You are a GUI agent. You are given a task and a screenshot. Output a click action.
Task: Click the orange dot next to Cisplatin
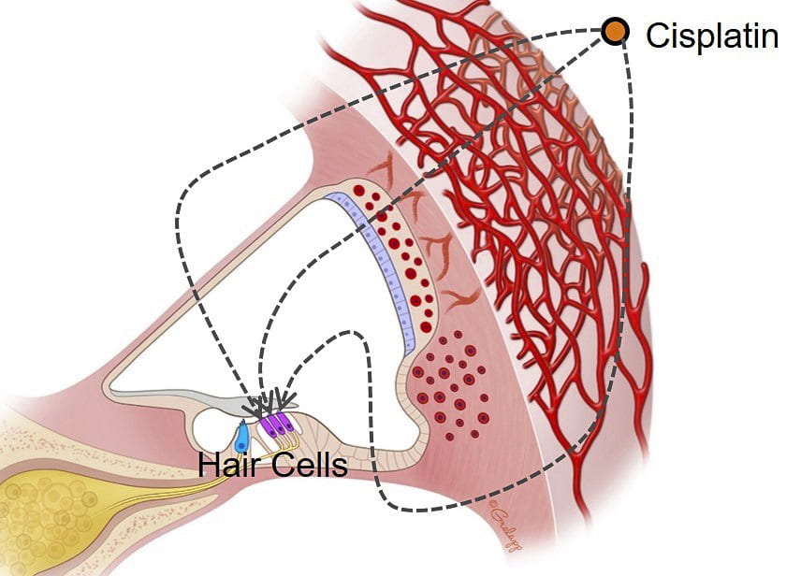pyautogui.click(x=615, y=32)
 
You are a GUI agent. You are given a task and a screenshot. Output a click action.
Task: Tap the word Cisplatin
pyautogui.click(x=712, y=36)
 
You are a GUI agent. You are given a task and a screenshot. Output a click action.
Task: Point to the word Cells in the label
pyautogui.click(x=309, y=465)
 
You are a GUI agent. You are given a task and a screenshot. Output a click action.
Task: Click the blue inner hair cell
pyautogui.click(x=241, y=437)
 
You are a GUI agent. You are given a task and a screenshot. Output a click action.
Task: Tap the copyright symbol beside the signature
pyautogui.click(x=493, y=503)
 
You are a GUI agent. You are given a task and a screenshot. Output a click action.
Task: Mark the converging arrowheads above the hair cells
pyautogui.click(x=269, y=401)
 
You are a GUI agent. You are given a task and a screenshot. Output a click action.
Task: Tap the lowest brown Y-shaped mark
pyautogui.click(x=459, y=300)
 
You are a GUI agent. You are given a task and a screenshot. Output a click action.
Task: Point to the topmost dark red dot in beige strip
pyautogui.click(x=359, y=191)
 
